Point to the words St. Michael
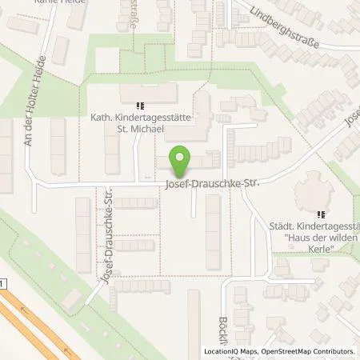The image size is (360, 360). pos(140,129)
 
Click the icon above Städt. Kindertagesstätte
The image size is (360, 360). pos(322,214)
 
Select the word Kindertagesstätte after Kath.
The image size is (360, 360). pos(152,118)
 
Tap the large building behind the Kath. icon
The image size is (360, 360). pos(152,95)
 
